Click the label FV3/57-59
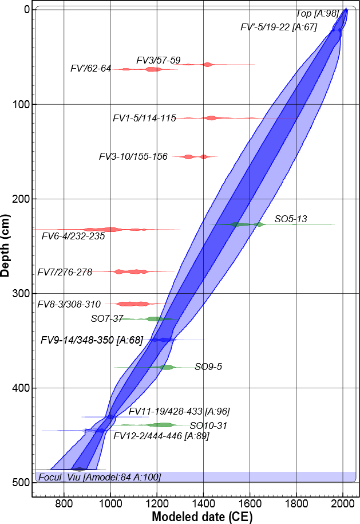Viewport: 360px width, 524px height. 159,60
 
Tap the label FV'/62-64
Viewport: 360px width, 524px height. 90,69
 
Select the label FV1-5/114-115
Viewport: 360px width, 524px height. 144,119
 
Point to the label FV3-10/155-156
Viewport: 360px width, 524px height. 133,156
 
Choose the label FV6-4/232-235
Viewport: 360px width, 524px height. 73,236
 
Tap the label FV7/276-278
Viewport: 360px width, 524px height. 65,272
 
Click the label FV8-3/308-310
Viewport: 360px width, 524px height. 69,304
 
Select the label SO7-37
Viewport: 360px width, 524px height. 108,318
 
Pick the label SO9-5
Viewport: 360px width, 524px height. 208,367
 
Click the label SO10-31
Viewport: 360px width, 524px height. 208,425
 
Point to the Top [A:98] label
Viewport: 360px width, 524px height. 318,14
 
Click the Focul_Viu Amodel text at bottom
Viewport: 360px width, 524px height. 98,477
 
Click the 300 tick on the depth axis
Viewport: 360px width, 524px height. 21,293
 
